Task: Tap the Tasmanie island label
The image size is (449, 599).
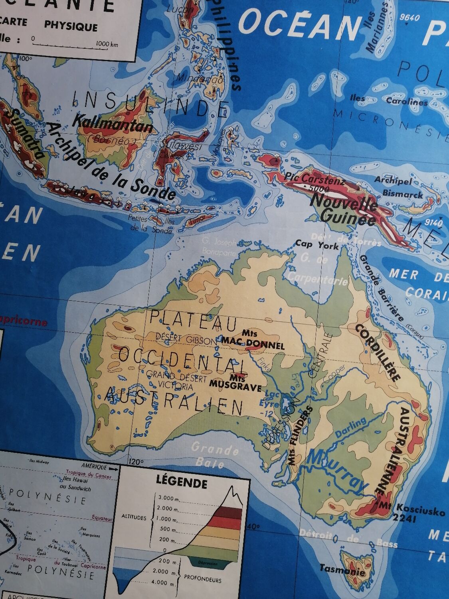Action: [x=342, y=570]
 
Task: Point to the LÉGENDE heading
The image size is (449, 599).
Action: [x=182, y=484]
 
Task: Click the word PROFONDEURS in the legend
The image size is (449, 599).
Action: [x=202, y=580]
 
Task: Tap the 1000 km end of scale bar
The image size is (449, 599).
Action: [x=107, y=44]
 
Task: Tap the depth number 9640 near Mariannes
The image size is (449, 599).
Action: [x=409, y=18]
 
